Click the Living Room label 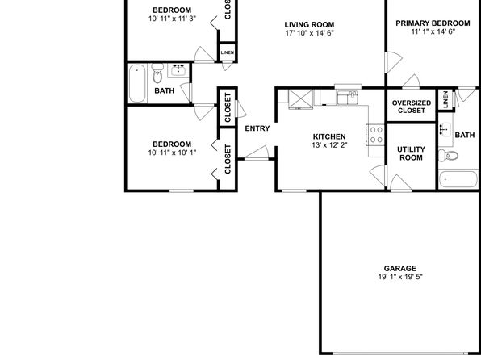[x=309, y=24]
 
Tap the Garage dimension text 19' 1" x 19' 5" [x=400, y=277]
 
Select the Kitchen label [x=329, y=136]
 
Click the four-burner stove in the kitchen [x=375, y=135]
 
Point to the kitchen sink [x=348, y=98]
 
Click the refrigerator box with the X [x=301, y=99]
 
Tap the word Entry [x=257, y=128]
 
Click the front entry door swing [x=257, y=153]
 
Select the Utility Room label [x=411, y=153]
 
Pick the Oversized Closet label [x=412, y=107]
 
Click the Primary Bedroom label [x=433, y=23]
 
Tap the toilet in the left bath [x=157, y=73]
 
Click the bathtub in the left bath [x=137, y=83]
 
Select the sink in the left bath [x=178, y=70]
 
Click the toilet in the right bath [x=448, y=156]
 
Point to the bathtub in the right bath [x=458, y=179]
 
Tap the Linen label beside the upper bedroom [x=228, y=52]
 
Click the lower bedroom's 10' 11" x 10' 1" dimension [x=172, y=153]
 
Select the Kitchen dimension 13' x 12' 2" [x=329, y=144]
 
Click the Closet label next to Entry [x=228, y=107]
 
